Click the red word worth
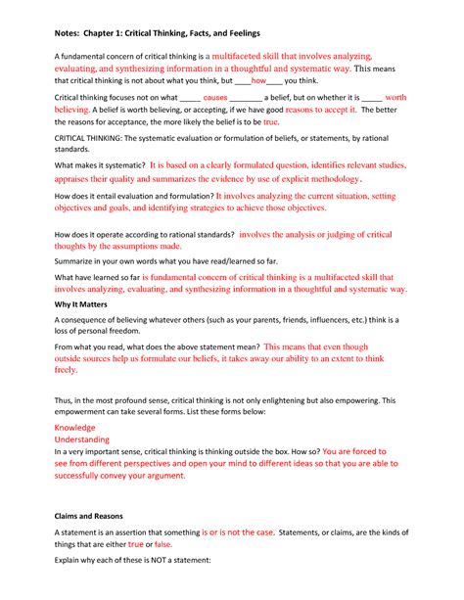pos(395,126)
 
